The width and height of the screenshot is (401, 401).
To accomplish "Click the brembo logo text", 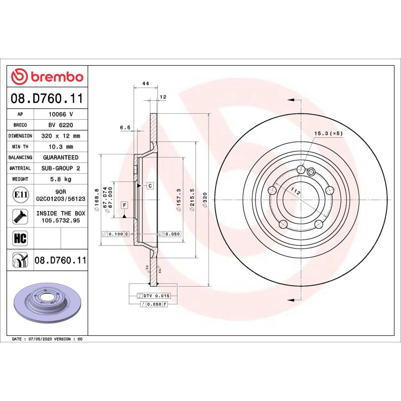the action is (x=57, y=77).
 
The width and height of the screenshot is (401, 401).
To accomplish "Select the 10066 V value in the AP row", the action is (x=61, y=114).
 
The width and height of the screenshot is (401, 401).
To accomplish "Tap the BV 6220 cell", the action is (x=61, y=125).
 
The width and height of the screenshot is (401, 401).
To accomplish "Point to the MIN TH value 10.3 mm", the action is (x=61, y=147).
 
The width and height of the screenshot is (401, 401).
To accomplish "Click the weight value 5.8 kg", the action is (x=61, y=179).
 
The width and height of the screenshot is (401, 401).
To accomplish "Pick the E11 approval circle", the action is (x=21, y=195).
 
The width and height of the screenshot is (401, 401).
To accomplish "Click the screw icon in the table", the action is (x=20, y=217).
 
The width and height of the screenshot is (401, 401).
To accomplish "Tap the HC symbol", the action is (x=20, y=238).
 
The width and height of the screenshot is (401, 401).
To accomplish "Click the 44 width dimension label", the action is (x=145, y=83).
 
